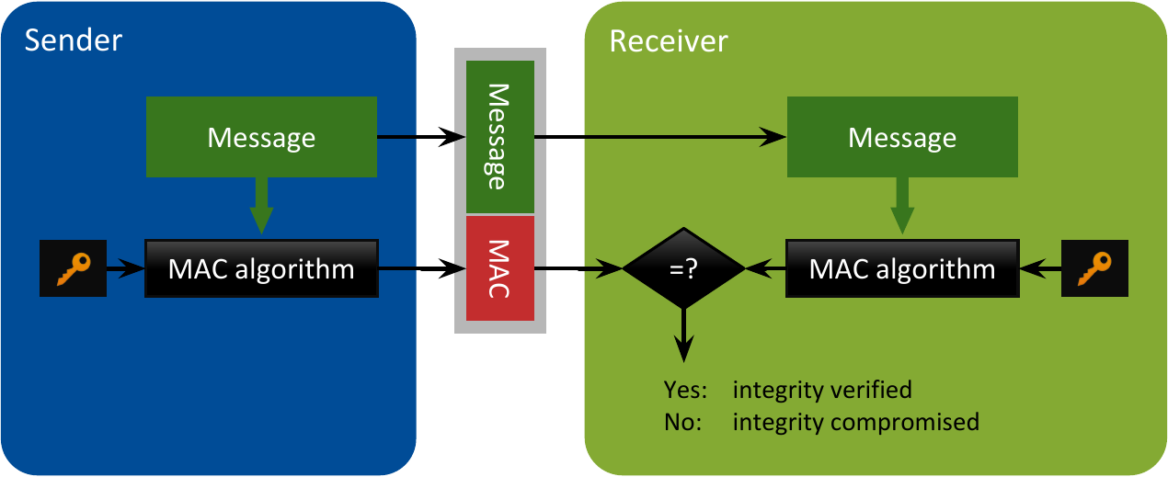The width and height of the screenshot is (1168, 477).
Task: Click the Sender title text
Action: pos(74,40)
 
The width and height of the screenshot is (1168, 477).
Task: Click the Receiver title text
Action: pos(669,41)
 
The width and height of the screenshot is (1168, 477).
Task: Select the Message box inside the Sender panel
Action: pos(261,138)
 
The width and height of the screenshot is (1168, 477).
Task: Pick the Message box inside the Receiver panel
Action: pos(901,138)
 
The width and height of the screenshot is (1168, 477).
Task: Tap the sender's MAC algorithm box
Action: pos(261,269)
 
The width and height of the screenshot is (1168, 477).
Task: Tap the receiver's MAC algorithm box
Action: pos(901,269)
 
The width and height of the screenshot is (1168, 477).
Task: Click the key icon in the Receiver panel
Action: pos(1095,269)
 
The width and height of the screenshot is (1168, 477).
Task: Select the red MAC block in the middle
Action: pos(500,268)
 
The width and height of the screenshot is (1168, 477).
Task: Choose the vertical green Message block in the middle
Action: pos(500,137)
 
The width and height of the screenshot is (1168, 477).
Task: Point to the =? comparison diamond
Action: pos(683,269)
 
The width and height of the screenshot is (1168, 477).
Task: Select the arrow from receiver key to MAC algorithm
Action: pos(1039,270)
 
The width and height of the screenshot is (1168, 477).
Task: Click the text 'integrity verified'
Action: pos(822,390)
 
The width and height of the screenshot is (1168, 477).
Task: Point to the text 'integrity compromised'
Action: pos(855,423)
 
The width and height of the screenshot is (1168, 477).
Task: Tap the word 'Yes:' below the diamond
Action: pos(685,390)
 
